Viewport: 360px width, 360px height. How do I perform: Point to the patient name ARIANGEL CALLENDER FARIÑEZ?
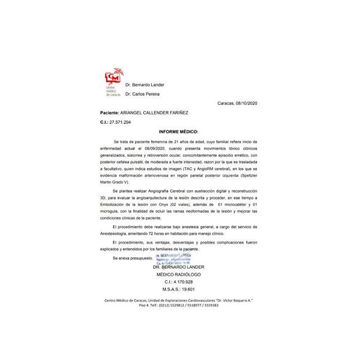(172, 112)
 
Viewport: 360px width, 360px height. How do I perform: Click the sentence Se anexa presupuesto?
(132, 257)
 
